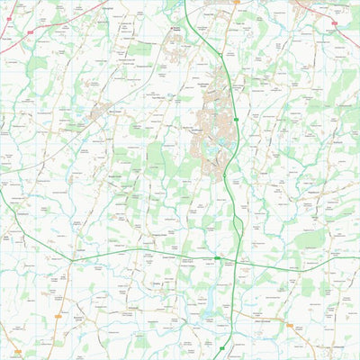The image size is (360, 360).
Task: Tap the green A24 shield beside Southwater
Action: click(236, 119)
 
